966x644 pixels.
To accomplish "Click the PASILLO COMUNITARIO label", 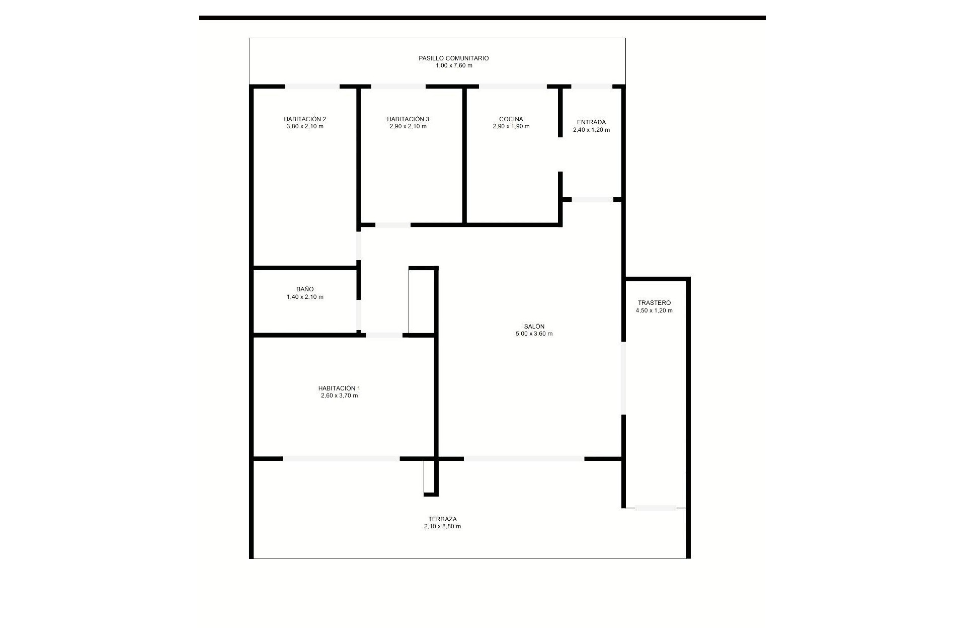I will (453, 58).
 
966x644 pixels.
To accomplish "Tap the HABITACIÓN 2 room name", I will (305, 119).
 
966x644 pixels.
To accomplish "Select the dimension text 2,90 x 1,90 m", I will (511, 127).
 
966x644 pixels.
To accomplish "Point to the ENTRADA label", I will (591, 122).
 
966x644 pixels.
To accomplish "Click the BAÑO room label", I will (305, 289).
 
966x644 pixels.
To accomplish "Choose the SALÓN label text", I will (534, 327).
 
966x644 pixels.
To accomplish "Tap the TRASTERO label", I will (654, 303).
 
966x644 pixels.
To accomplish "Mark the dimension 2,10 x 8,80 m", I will (442, 527).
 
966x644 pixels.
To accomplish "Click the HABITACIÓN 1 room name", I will (339, 388).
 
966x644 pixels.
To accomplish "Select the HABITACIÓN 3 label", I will (408, 119).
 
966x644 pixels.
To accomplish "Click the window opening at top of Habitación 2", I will (312, 87).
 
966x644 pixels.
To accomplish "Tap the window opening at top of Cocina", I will (512, 87).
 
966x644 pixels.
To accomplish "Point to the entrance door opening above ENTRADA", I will (591, 87).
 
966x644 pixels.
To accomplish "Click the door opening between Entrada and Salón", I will (592, 200).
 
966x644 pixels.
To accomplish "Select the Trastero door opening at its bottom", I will (655, 508).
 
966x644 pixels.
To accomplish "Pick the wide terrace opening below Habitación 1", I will (341, 459).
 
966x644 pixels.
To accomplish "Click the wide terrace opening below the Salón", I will (524, 459).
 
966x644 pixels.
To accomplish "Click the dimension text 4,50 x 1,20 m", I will (654, 311).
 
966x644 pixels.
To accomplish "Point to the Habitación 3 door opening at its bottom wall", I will (392, 225).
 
